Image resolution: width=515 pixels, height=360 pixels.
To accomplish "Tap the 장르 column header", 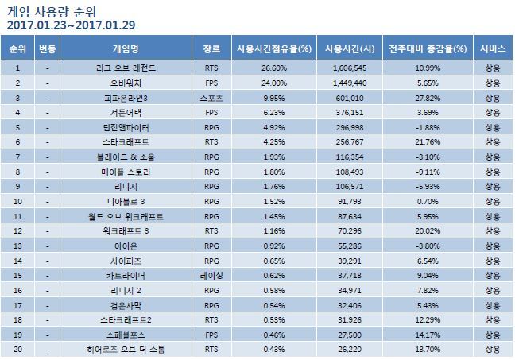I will coord(211,49).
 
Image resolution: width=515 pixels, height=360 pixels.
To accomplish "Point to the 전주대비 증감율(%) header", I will coord(425,49).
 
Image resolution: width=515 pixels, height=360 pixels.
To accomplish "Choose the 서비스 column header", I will coord(492,49).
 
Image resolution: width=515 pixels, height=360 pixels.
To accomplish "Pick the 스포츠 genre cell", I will coord(211,98).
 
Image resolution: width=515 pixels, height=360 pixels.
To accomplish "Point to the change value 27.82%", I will coord(427,98).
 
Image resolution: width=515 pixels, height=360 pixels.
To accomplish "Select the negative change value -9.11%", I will coord(427,171).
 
